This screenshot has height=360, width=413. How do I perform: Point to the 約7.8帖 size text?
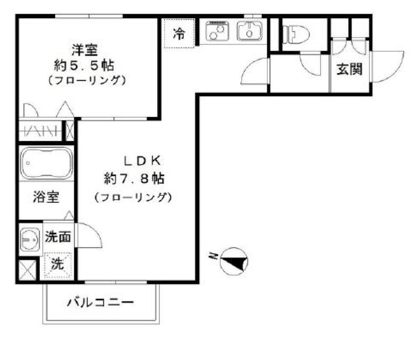(x=134, y=177)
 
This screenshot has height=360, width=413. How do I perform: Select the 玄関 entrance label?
(x=349, y=69)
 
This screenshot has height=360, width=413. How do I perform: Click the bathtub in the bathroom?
(x=46, y=163)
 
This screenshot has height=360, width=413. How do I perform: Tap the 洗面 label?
(x=58, y=236)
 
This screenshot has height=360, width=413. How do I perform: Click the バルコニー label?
(x=100, y=303)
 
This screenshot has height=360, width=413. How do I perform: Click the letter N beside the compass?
(x=213, y=257)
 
